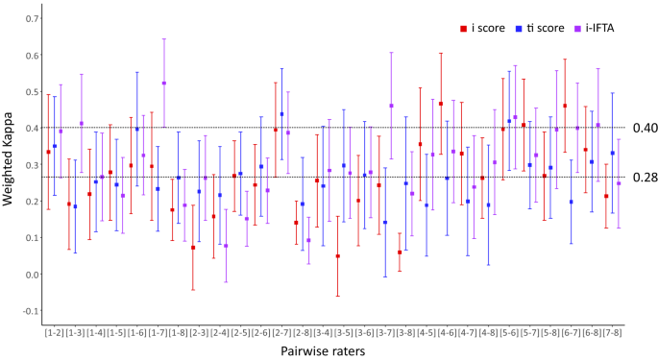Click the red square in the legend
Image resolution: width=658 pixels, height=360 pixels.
tap(463, 28)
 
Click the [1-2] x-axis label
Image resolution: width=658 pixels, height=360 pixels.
tap(55, 331)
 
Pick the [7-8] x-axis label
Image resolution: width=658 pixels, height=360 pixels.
tap(613, 331)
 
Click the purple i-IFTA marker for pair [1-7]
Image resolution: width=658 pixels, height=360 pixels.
tap(164, 83)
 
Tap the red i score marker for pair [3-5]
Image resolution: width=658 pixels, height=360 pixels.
tap(338, 256)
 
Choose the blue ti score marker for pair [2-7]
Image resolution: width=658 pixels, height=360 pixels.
tap(281, 114)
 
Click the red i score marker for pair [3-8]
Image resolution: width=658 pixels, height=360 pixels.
tap(400, 252)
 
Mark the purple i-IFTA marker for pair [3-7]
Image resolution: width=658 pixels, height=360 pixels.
tap(391, 106)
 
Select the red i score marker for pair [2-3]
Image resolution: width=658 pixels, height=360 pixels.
tap(193, 248)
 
